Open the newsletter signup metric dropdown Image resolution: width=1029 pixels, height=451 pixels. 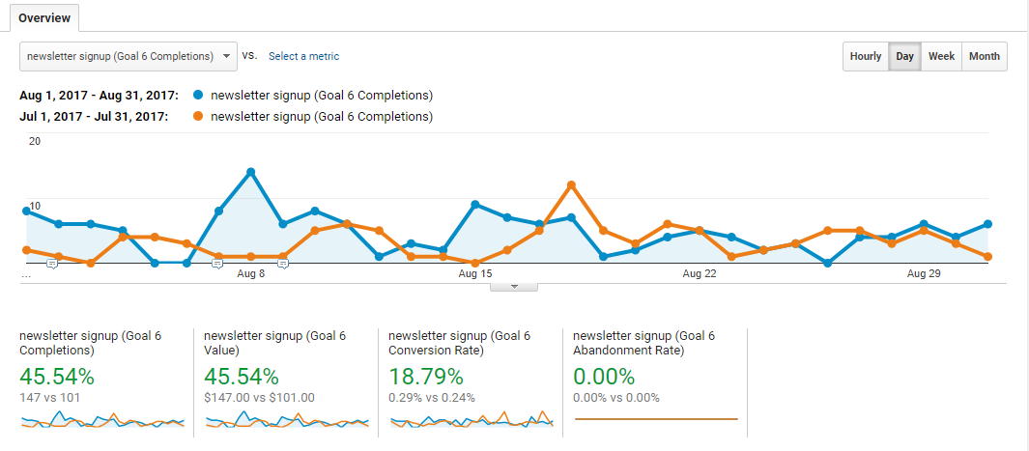coord(129,56)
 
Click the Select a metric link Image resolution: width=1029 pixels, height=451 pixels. coord(303,56)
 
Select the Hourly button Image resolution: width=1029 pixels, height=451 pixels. coord(866,56)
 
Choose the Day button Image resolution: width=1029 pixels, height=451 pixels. coord(905,56)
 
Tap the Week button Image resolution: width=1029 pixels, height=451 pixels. coord(941,56)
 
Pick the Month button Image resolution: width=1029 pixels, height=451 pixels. coord(985,56)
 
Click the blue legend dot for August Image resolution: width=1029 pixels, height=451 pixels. coord(198,96)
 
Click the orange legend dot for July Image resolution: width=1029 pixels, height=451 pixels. coord(198,117)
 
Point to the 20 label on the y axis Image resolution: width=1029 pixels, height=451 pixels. coord(35,141)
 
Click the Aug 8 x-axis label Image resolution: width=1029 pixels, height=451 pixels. coord(250,274)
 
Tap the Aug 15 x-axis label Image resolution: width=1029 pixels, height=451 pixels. coord(475,274)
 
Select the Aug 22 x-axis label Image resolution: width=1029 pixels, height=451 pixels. coord(699,274)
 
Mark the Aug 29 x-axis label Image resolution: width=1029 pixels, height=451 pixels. coord(924,274)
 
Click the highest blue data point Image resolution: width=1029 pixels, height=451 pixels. coord(250,172)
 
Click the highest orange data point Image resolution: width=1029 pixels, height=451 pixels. coord(571,184)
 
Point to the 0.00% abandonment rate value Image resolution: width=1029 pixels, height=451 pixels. coord(604,377)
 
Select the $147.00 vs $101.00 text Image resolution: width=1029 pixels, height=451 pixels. coord(260,397)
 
